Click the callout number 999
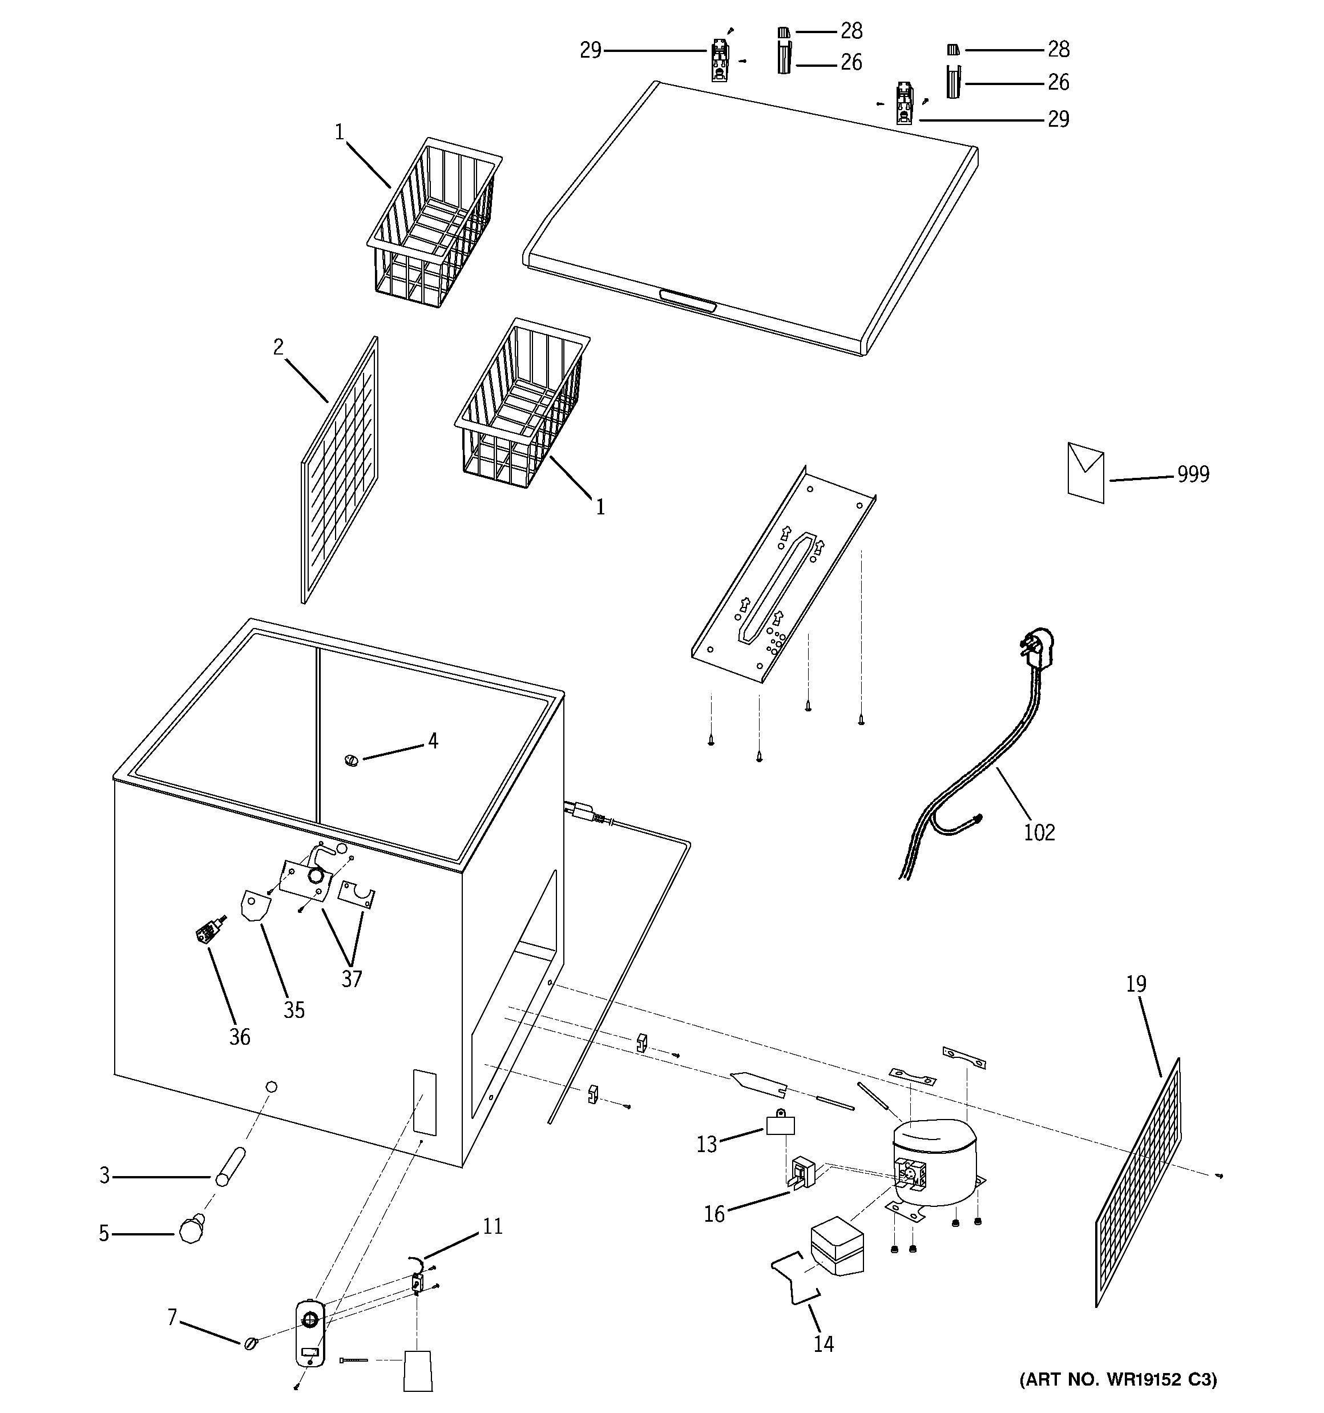click(x=1193, y=474)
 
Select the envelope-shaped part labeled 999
click(x=1085, y=473)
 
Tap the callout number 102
click(x=1039, y=832)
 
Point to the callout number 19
click(x=1136, y=984)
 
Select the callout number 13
click(x=707, y=1144)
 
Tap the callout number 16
click(x=715, y=1213)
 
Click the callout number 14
click(x=823, y=1343)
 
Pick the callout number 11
click(x=493, y=1226)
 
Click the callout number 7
click(x=172, y=1318)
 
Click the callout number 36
click(x=240, y=1037)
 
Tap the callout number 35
click(x=294, y=1010)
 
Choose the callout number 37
click(x=352, y=979)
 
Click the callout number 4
click(x=433, y=742)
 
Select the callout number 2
click(x=278, y=347)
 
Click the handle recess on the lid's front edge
click(x=687, y=301)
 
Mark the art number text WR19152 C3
click(x=1119, y=1379)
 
